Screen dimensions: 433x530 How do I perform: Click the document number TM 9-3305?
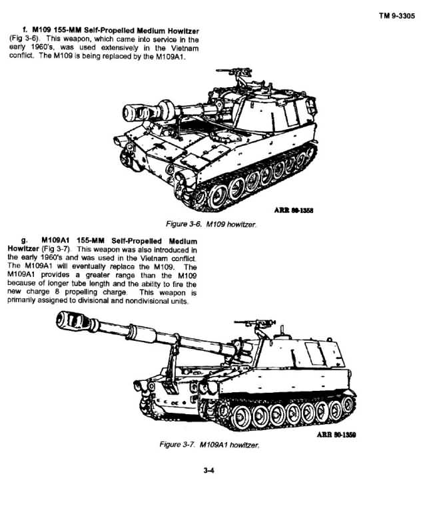click(396, 15)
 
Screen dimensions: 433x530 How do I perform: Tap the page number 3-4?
click(209, 470)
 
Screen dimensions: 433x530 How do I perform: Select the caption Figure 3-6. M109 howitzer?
click(211, 224)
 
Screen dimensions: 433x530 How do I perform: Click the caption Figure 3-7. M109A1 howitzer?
click(209, 445)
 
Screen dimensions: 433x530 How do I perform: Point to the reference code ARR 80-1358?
click(294, 210)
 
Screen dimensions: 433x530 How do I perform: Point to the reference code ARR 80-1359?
click(336, 434)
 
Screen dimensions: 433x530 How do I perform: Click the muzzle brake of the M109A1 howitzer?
click(73, 320)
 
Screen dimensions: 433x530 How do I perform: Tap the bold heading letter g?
click(24, 240)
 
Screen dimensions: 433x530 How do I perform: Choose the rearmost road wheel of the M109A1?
click(348, 403)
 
